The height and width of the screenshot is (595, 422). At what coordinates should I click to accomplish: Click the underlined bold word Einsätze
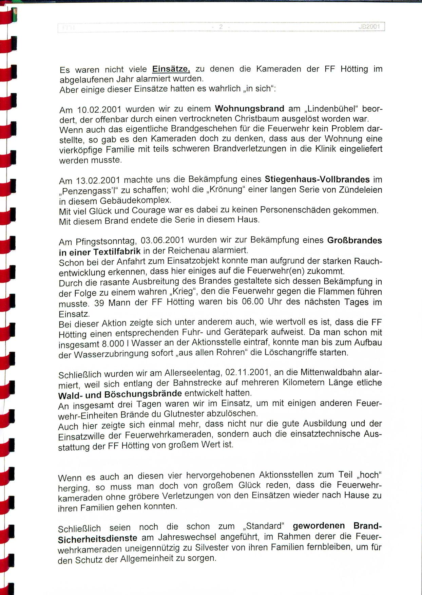(x=171, y=69)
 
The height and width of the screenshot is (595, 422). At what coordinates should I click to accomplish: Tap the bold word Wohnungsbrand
(x=250, y=109)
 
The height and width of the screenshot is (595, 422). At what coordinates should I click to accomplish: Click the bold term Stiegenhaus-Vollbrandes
(x=317, y=179)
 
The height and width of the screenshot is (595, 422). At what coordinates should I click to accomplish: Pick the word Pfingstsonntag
(x=106, y=241)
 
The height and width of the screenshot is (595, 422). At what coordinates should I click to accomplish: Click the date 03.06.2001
(x=162, y=240)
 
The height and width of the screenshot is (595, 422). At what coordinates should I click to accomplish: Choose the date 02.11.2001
(x=248, y=372)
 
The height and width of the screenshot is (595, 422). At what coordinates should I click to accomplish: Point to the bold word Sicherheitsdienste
(x=97, y=539)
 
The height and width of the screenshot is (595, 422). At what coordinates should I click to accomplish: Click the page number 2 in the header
(x=221, y=27)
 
